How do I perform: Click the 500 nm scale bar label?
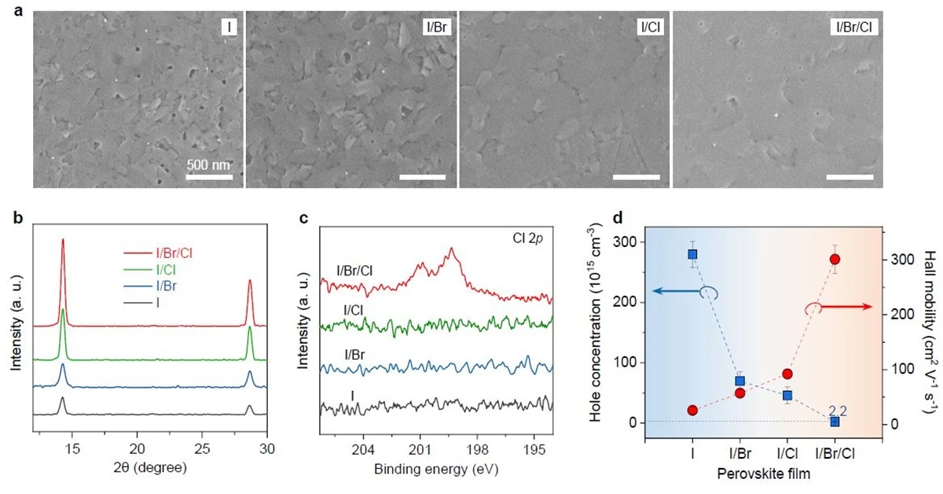209,165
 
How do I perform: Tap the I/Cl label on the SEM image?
651,28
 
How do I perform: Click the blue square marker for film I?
692,254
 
